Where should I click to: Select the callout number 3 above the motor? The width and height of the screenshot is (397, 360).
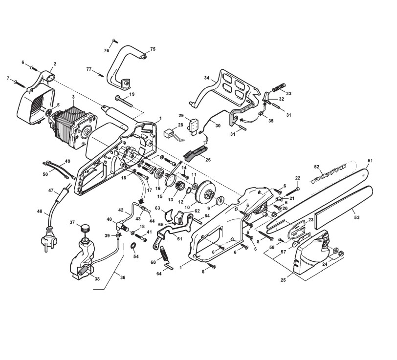(x=73, y=97)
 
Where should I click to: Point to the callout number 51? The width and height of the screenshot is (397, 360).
(x=371, y=160)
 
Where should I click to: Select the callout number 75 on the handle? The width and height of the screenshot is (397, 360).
(x=153, y=49)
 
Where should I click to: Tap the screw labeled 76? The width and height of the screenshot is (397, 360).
(x=114, y=41)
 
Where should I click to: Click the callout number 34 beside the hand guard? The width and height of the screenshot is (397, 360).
(x=207, y=78)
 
